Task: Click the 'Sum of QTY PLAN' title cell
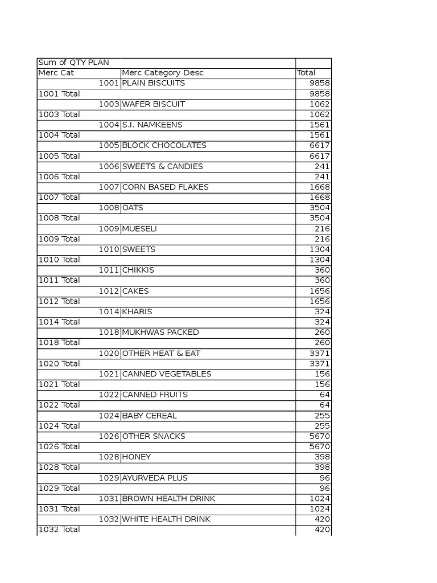[x=73, y=63]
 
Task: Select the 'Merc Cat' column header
[x=56, y=73]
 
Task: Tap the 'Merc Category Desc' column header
[x=163, y=73]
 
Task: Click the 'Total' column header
[x=306, y=73]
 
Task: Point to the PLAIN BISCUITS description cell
[x=154, y=83]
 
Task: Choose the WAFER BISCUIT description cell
[x=154, y=104]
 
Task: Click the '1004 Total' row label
[x=59, y=135]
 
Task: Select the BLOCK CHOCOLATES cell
[x=164, y=145]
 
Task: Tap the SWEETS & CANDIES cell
[x=163, y=166]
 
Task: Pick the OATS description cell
[x=133, y=208]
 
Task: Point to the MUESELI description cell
[x=139, y=228]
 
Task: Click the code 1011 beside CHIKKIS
[x=109, y=270]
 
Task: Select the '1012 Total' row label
[x=59, y=301]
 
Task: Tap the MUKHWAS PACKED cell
[x=160, y=332]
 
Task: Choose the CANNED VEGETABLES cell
[x=167, y=373]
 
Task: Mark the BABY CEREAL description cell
[x=150, y=415]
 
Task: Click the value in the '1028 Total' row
[x=323, y=467]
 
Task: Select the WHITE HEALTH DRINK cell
[x=166, y=519]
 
